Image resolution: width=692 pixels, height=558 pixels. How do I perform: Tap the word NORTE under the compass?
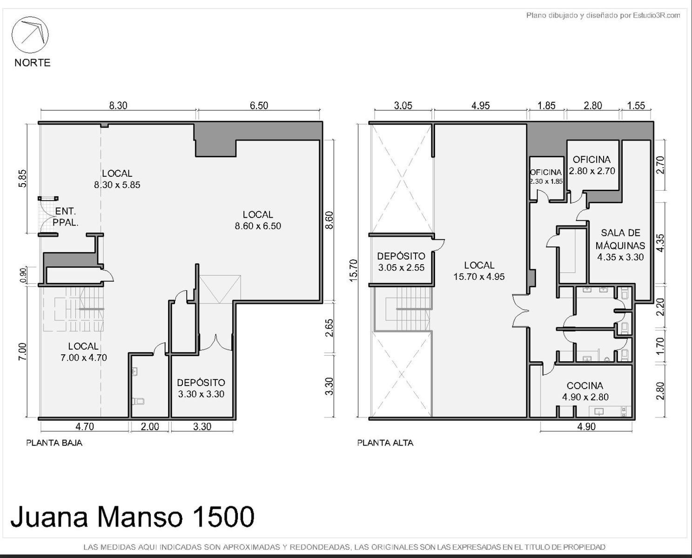(x=33, y=63)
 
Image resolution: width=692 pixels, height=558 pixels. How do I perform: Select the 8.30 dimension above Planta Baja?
(x=118, y=106)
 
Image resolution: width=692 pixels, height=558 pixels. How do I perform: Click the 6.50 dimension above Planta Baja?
(x=259, y=106)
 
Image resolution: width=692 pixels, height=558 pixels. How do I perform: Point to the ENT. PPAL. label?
(x=66, y=217)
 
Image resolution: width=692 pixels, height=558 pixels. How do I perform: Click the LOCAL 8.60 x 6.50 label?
(x=258, y=220)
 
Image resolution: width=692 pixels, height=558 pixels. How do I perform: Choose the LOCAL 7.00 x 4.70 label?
(x=84, y=352)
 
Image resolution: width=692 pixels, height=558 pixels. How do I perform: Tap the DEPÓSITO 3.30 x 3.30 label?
(x=201, y=388)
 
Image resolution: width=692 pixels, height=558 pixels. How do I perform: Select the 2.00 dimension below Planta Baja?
(x=150, y=426)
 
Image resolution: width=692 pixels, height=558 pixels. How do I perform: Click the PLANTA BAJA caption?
(x=54, y=443)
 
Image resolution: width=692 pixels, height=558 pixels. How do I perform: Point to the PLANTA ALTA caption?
(x=385, y=443)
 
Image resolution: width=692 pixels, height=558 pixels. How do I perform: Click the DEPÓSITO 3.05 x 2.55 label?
(x=401, y=262)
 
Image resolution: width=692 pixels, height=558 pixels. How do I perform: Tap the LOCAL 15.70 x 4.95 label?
(x=479, y=271)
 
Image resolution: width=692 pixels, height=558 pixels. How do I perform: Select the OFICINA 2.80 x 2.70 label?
(x=591, y=165)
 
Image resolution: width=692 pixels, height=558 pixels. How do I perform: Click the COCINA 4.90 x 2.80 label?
(x=585, y=391)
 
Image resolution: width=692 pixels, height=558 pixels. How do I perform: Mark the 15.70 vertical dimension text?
(x=353, y=270)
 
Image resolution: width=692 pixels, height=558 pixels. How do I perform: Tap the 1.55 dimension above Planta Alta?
(x=636, y=106)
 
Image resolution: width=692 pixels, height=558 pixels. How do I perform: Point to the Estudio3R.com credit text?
(x=603, y=15)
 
